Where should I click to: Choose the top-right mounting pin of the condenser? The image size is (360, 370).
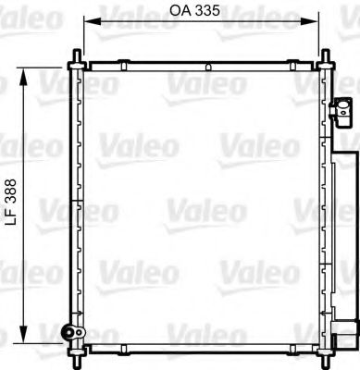(x=326, y=61)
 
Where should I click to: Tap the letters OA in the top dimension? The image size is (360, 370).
(x=179, y=11)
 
